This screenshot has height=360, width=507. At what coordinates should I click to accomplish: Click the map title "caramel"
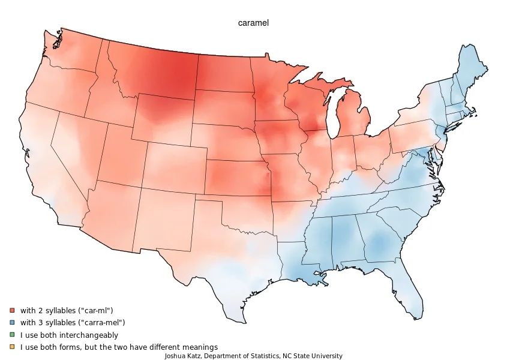[x=253, y=23]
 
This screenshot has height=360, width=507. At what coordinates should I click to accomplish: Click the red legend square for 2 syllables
[x=12, y=310]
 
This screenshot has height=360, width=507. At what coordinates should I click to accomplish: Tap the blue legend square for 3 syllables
[x=12, y=322]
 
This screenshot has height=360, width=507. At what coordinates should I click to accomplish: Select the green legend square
[x=12, y=335]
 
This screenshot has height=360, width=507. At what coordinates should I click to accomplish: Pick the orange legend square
[x=12, y=347]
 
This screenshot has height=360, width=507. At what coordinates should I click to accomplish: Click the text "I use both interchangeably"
[x=69, y=335]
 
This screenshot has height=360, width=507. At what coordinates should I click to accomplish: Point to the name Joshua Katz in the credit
[x=183, y=356]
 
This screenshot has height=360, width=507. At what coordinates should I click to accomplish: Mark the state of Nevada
[x=78, y=150]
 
